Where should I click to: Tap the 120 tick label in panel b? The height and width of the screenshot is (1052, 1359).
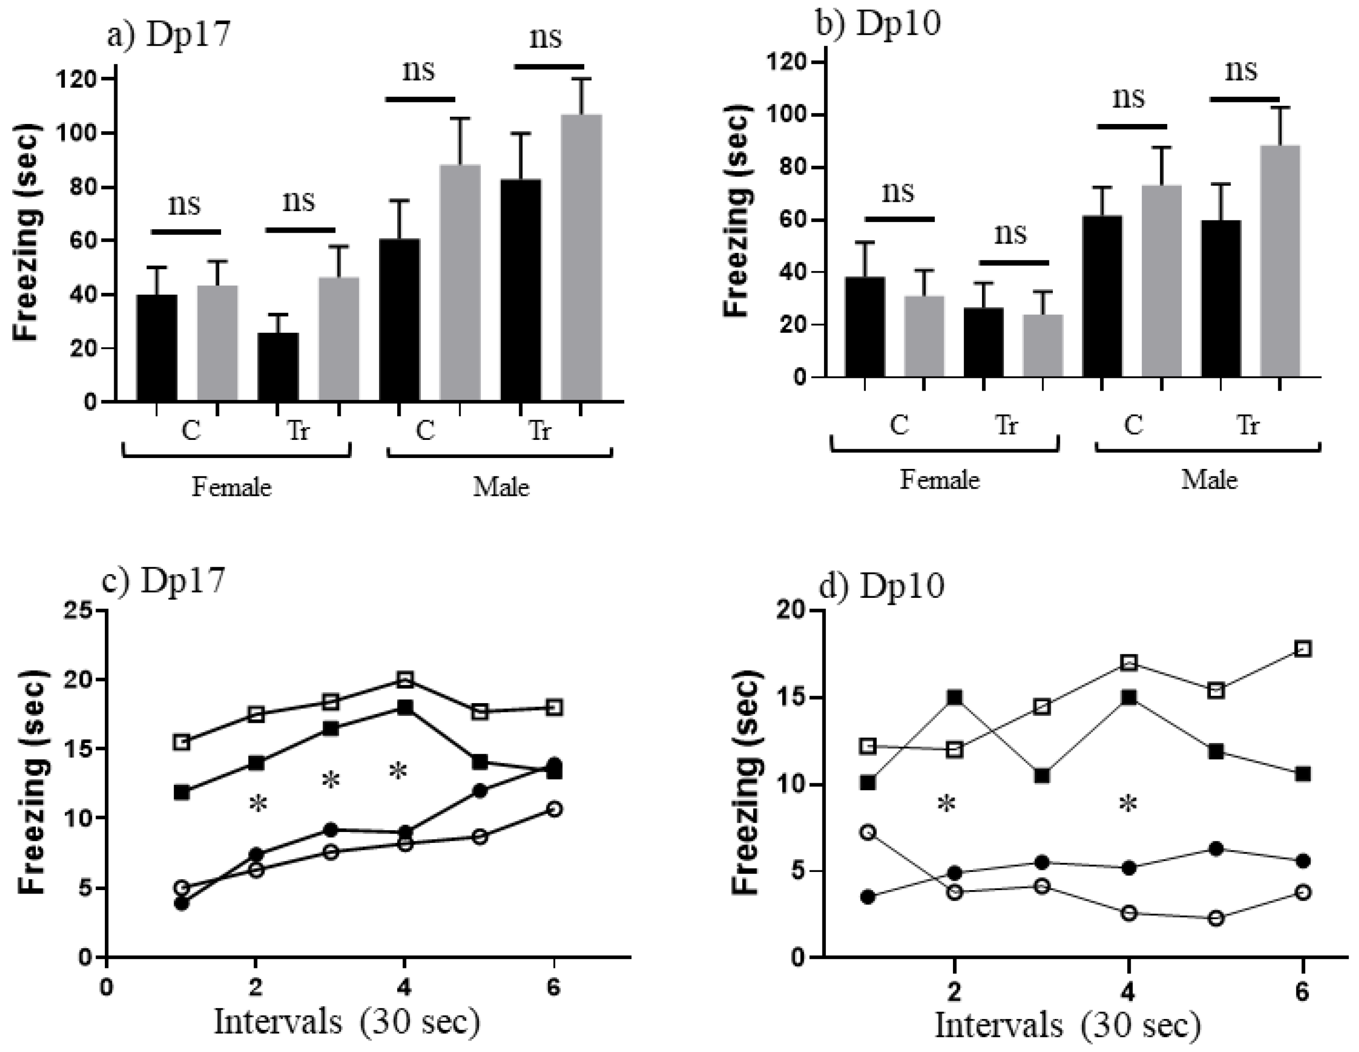click(787, 63)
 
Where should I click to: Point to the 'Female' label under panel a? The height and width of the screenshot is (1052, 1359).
click(231, 487)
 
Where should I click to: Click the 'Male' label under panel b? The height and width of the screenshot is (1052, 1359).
click(1209, 480)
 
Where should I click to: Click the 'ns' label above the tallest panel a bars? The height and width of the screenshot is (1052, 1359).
click(546, 37)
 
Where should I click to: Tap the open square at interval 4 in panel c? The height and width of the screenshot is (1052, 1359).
click(405, 679)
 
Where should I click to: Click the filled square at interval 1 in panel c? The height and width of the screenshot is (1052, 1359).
click(182, 793)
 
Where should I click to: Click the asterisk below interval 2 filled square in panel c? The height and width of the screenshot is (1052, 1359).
click(257, 804)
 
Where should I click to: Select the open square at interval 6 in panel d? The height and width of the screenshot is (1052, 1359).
click(1303, 649)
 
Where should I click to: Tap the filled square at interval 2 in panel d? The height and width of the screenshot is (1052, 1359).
click(954, 697)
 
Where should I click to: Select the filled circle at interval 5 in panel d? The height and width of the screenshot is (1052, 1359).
click(1216, 849)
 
